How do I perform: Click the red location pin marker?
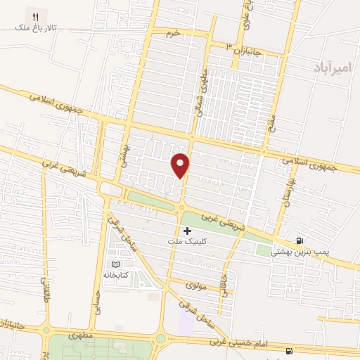[x=181, y=165]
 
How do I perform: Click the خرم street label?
[x=174, y=33]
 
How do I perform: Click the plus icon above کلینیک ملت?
[x=187, y=231]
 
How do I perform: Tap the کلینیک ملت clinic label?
[x=186, y=242]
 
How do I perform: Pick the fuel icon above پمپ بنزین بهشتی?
[x=301, y=240]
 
